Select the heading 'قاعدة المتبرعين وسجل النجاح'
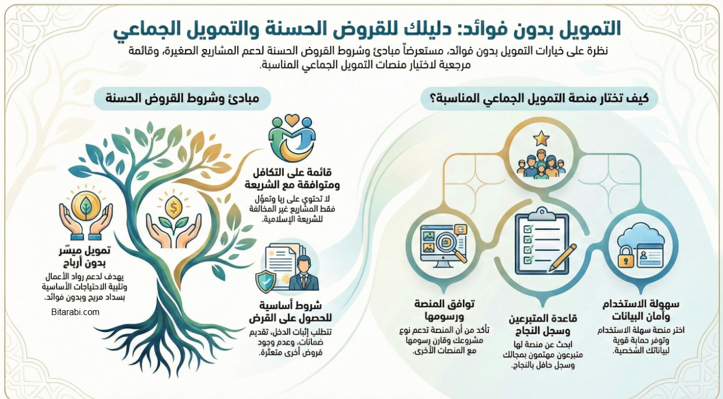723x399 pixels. [543, 324]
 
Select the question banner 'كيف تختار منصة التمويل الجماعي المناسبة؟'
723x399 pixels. [541, 99]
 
